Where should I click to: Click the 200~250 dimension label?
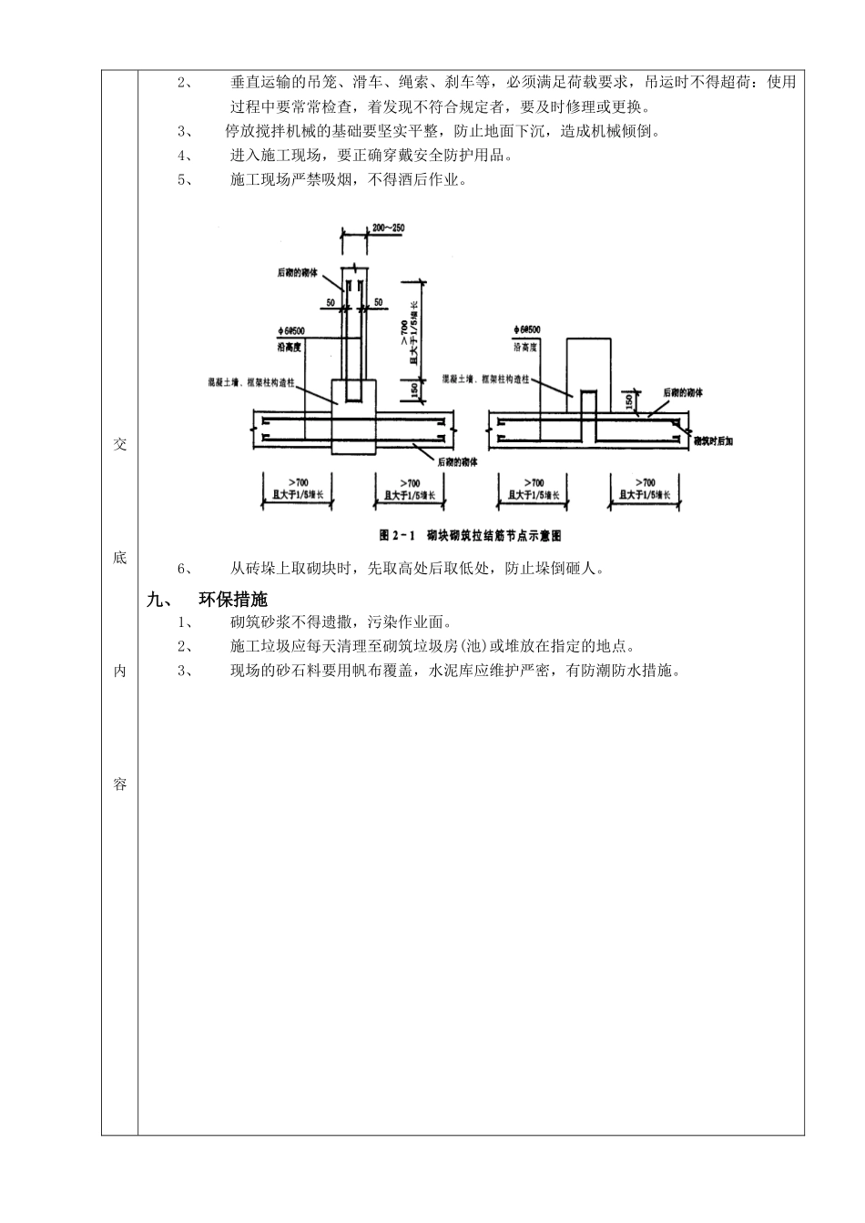(389, 228)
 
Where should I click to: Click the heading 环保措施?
(233, 600)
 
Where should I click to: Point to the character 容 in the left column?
(119, 784)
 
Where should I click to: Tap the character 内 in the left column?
(119, 671)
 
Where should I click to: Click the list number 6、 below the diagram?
(184, 570)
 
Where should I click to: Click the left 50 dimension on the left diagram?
(331, 301)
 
